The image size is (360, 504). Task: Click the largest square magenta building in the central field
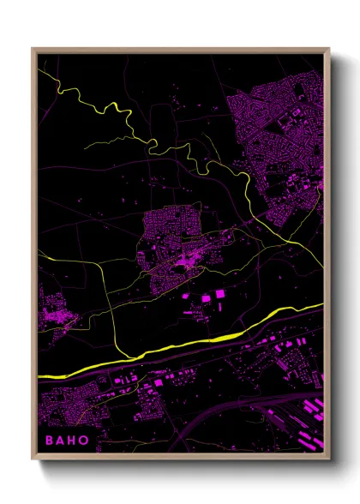[x=219, y=294]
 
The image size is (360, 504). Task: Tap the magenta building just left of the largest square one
[x=206, y=297]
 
